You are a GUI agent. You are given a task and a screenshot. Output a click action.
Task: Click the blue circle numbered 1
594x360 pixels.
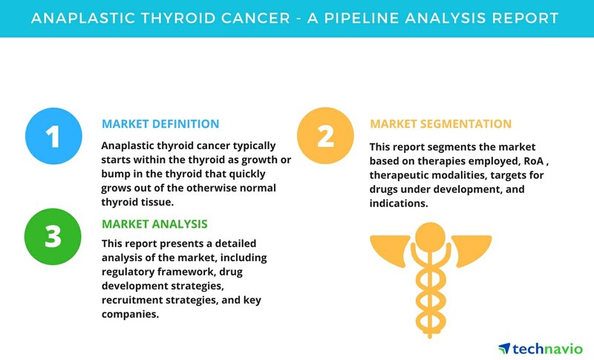(53, 136)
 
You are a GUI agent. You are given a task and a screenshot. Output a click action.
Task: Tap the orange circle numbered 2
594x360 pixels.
(325, 136)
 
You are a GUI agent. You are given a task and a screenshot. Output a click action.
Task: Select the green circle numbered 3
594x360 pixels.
(53, 237)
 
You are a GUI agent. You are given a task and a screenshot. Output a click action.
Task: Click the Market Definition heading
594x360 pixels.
(160, 124)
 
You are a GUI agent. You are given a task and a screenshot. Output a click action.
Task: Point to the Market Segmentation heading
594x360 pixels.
(440, 124)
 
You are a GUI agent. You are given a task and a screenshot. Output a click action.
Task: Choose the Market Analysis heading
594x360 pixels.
(154, 224)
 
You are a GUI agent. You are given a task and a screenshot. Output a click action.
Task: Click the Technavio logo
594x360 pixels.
(541, 349)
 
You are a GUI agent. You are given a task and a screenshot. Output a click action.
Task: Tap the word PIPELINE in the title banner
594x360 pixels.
(359, 18)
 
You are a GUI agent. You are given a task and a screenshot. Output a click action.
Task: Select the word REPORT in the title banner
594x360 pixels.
(525, 18)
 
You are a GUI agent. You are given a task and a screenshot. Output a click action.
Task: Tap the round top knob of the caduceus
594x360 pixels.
(431, 238)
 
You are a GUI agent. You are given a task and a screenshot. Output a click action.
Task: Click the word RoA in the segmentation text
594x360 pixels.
(534, 161)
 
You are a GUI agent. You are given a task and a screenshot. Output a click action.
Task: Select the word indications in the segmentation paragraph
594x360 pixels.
(397, 203)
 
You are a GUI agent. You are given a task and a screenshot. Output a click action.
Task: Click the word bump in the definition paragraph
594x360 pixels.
(114, 174)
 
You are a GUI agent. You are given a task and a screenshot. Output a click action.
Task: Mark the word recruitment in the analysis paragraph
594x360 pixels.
(132, 300)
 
